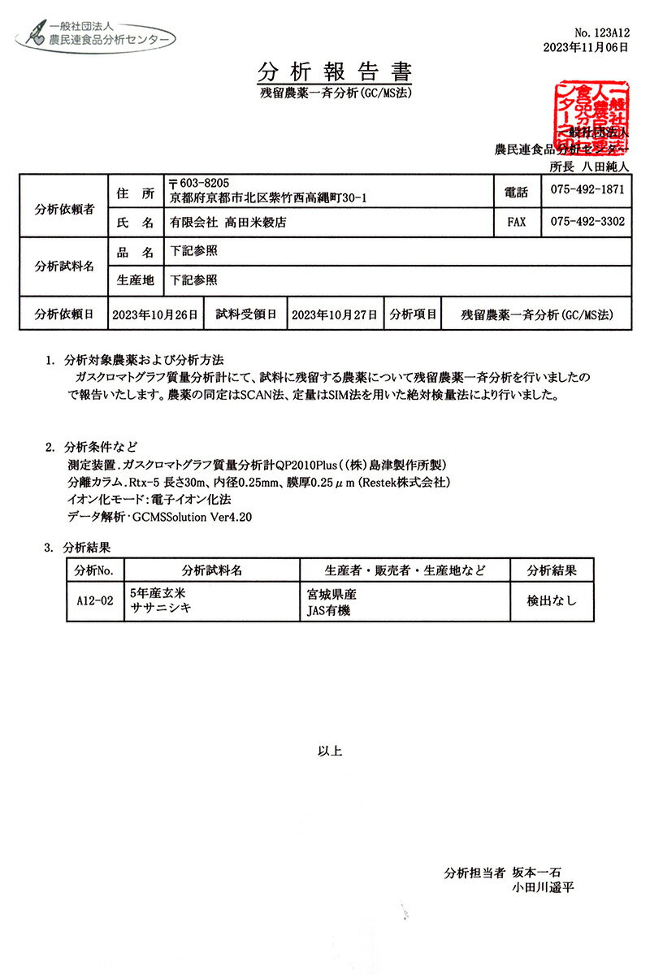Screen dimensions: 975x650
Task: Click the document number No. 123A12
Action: pyautogui.click(x=601, y=32)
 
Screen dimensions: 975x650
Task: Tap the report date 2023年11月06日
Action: pyautogui.click(x=586, y=47)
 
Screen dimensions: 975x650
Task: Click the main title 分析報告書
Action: pyautogui.click(x=335, y=71)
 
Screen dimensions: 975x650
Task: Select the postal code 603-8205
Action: pyautogui.click(x=197, y=184)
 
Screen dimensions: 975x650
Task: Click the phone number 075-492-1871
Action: pyautogui.click(x=587, y=190)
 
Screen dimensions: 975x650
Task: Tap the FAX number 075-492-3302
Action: pyautogui.click(x=587, y=221)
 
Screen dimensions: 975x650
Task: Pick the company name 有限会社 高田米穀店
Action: pyautogui.click(x=227, y=221)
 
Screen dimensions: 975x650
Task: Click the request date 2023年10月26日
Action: pyautogui.click(x=154, y=314)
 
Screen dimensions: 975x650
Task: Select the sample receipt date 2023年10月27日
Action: pyautogui.click(x=333, y=314)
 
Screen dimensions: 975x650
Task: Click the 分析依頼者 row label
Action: pyautogui.click(x=63, y=206)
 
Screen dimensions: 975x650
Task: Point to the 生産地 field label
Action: pyautogui.click(x=135, y=280)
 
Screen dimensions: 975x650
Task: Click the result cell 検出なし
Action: pyautogui.click(x=552, y=601)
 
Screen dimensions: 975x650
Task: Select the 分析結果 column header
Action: pyautogui.click(x=552, y=570)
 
